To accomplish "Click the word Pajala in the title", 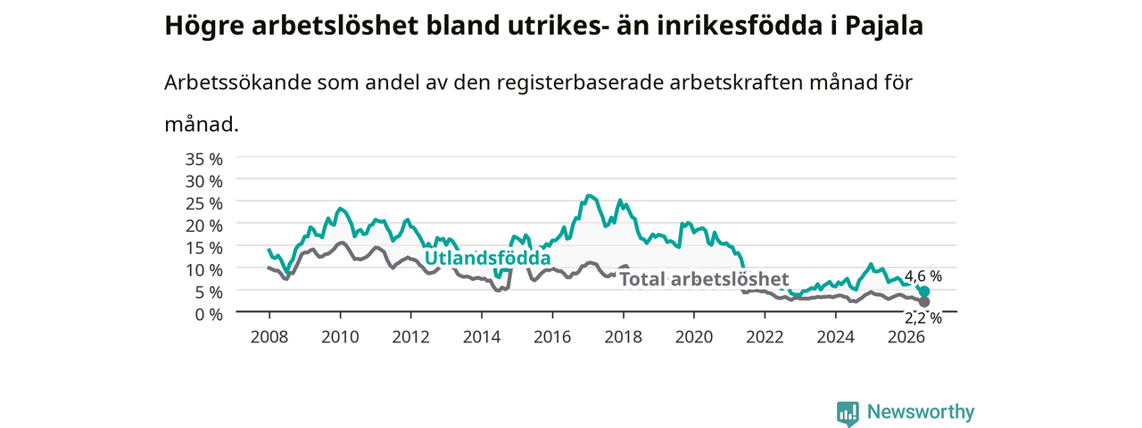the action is [x=884, y=27].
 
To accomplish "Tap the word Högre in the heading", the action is [x=204, y=27].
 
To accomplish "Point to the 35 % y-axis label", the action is [x=204, y=160].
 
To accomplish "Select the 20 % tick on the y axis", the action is [x=204, y=226].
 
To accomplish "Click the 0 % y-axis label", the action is [x=209, y=315].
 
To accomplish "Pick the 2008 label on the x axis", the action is [x=269, y=337].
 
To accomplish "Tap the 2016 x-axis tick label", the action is [x=552, y=337].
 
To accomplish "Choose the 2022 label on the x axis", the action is [x=765, y=337].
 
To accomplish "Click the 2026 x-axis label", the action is [x=906, y=337].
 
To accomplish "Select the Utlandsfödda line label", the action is [x=487, y=259].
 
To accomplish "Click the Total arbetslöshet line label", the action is [x=704, y=279].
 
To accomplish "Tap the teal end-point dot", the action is [x=924, y=292].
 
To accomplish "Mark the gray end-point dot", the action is [x=924, y=302].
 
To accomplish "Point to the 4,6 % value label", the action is [x=923, y=276].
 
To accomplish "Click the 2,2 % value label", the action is [x=923, y=318].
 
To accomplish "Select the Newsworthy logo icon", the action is [x=848, y=413].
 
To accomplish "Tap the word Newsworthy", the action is [x=921, y=412].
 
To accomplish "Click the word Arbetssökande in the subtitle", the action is [x=237, y=83].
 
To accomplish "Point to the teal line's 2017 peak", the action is [x=589, y=195].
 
